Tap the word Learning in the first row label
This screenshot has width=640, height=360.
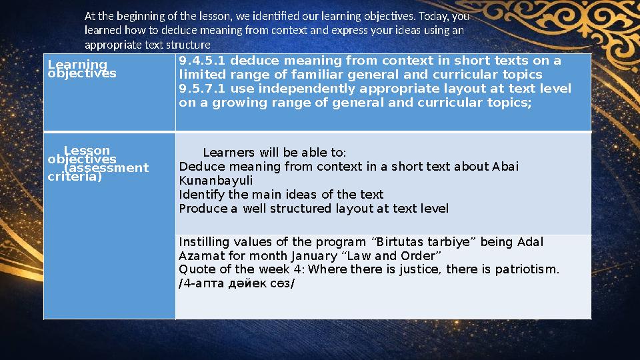point(77,64)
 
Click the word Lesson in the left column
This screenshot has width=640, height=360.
point(87,151)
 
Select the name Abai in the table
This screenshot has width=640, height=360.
point(506,166)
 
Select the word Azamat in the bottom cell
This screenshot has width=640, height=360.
point(200,256)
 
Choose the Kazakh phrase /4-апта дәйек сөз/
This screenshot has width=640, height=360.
point(237,284)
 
